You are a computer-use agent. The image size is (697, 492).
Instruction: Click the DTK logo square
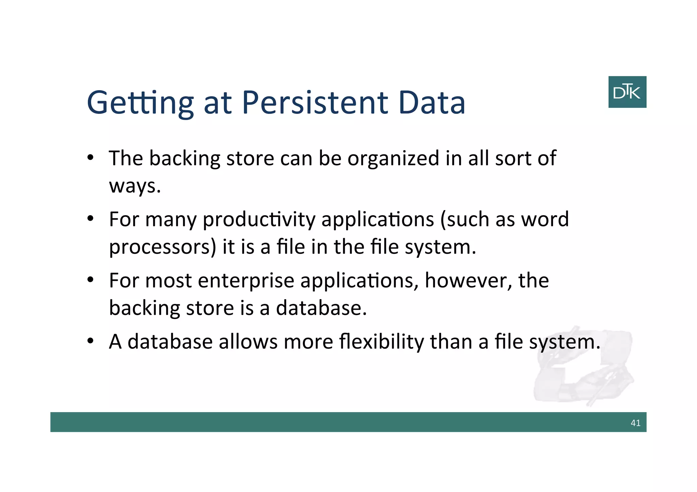tap(627, 92)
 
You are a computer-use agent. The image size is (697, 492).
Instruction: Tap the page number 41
tap(635, 423)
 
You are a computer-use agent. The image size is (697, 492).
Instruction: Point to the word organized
tap(393, 158)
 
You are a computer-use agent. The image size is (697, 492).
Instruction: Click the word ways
tap(134, 186)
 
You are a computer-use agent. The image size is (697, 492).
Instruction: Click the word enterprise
tap(246, 281)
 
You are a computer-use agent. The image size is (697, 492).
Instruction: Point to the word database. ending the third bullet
tap(321, 308)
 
